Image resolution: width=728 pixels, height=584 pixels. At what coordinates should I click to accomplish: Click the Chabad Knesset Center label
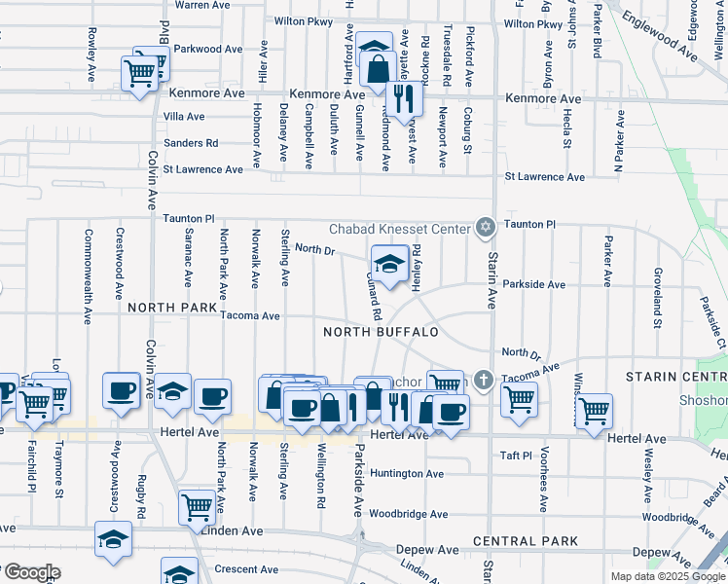click(x=400, y=230)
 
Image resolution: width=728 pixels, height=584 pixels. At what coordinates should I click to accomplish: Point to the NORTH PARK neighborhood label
click(x=171, y=308)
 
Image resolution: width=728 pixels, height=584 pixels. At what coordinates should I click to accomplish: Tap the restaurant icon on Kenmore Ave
click(x=401, y=97)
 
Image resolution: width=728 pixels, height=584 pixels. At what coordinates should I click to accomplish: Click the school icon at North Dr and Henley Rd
click(x=389, y=264)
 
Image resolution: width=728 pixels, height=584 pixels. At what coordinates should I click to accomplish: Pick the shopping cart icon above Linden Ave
click(x=198, y=506)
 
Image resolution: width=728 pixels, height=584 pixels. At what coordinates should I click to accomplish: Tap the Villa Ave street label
click(x=183, y=117)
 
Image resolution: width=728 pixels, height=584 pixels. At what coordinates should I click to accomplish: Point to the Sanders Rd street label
click(x=191, y=143)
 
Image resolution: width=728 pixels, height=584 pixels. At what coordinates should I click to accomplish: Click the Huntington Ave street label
click(x=407, y=474)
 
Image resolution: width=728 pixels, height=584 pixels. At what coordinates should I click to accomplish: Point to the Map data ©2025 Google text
click(x=666, y=576)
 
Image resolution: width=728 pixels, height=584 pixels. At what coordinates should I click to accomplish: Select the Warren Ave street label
click(x=201, y=5)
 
